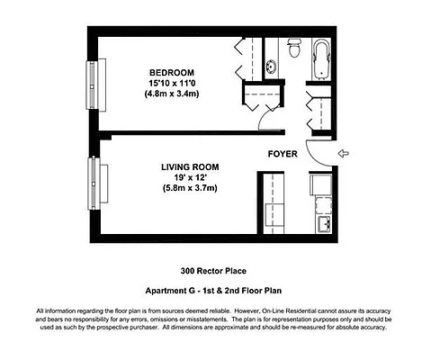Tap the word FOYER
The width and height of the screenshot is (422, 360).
283,153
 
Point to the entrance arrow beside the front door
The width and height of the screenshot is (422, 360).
343,154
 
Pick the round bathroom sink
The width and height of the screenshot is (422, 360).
272,66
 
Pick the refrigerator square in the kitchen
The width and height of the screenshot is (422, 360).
320,184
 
